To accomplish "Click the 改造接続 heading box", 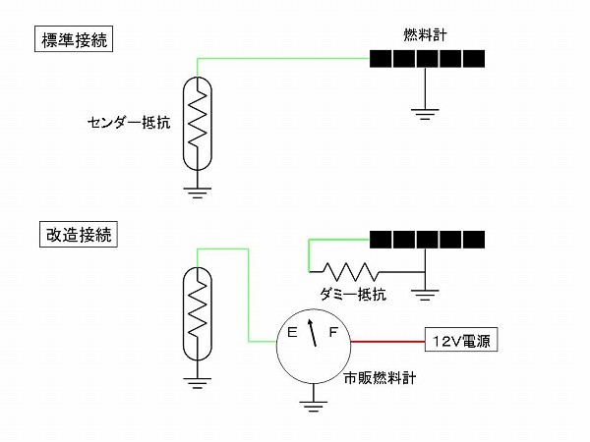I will tap(74, 236).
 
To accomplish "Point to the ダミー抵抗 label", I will tap(353, 294).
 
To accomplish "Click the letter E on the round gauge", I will tap(292, 334).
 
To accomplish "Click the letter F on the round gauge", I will tap(333, 334).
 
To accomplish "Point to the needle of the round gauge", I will tap(314, 334).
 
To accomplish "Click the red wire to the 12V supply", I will tap(387, 342).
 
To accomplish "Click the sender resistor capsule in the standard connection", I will tap(200, 123).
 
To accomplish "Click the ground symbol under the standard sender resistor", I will tap(200, 191).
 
